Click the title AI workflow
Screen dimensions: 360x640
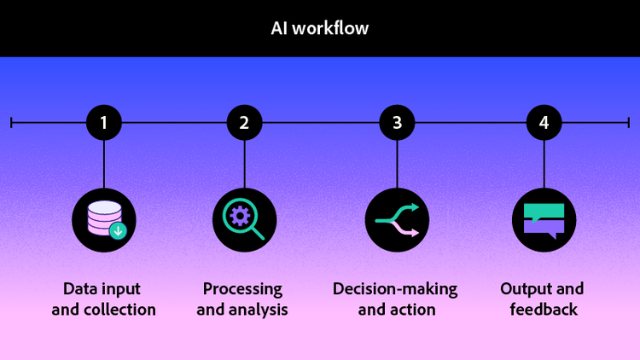click(x=320, y=28)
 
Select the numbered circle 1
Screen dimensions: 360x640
click(x=104, y=123)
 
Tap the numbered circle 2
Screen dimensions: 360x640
click(x=244, y=123)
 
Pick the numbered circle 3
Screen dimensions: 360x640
click(x=397, y=123)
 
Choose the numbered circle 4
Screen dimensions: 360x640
click(x=544, y=123)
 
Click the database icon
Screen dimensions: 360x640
click(x=104, y=219)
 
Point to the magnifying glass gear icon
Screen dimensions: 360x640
click(x=244, y=219)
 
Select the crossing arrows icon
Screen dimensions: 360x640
click(x=397, y=219)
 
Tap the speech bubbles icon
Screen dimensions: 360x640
click(x=544, y=219)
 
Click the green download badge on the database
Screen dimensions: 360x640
click(x=118, y=230)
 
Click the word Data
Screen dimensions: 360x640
click(x=81, y=288)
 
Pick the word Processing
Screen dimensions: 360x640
click(x=242, y=288)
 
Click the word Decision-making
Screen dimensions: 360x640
click(x=395, y=288)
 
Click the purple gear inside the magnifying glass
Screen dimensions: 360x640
click(x=241, y=215)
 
